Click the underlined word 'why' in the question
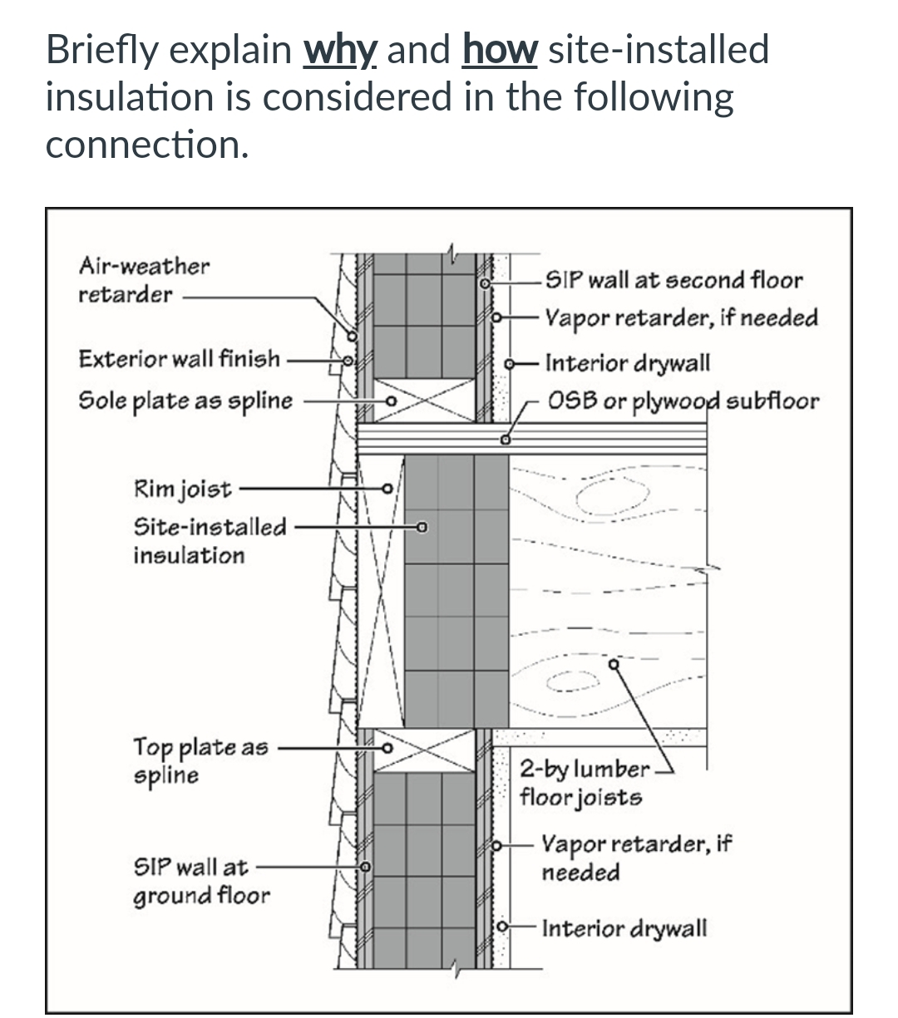341,50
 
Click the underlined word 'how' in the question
499,50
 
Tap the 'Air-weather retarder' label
143,280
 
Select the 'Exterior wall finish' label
179,359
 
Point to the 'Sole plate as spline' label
185,401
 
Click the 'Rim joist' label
182,489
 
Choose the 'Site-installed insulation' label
209,541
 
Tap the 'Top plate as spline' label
200,760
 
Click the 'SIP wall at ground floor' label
201,881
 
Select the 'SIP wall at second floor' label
673,280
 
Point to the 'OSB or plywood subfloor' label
683,401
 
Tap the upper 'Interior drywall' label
627,363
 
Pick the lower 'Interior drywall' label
624,927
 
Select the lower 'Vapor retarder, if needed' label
635,858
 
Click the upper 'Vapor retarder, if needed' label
681,318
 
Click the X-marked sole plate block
424,401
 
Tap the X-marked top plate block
424,750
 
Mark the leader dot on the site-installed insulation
422,526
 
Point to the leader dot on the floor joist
614,664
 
